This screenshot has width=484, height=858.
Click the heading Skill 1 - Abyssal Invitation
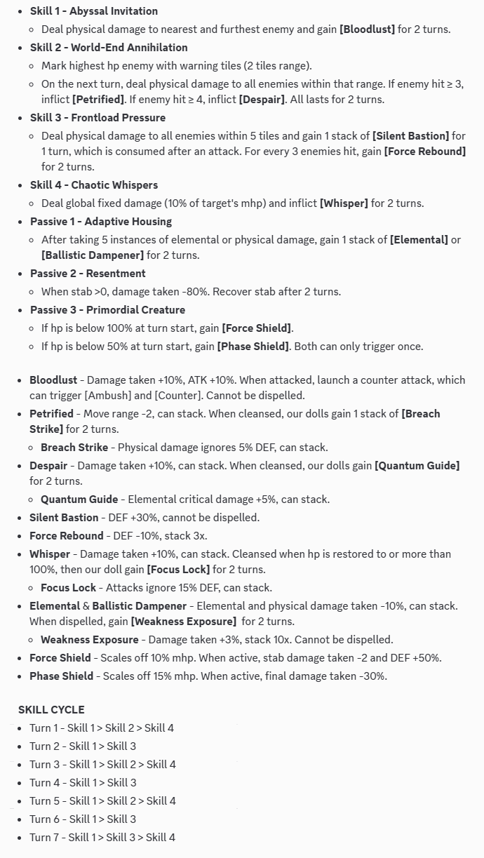(x=93, y=11)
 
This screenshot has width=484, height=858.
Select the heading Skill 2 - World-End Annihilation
(x=109, y=48)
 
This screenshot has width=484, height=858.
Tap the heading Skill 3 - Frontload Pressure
(x=98, y=118)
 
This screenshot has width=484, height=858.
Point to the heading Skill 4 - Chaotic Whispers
(x=94, y=185)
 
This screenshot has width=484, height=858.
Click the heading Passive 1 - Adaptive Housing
(x=101, y=222)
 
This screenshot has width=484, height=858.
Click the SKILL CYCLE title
(x=51, y=710)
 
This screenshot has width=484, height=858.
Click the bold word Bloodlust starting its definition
(x=53, y=380)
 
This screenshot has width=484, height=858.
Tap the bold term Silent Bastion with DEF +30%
(x=64, y=518)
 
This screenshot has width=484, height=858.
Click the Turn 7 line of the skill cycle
(x=102, y=838)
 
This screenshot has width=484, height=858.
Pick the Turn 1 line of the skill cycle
(x=102, y=728)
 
